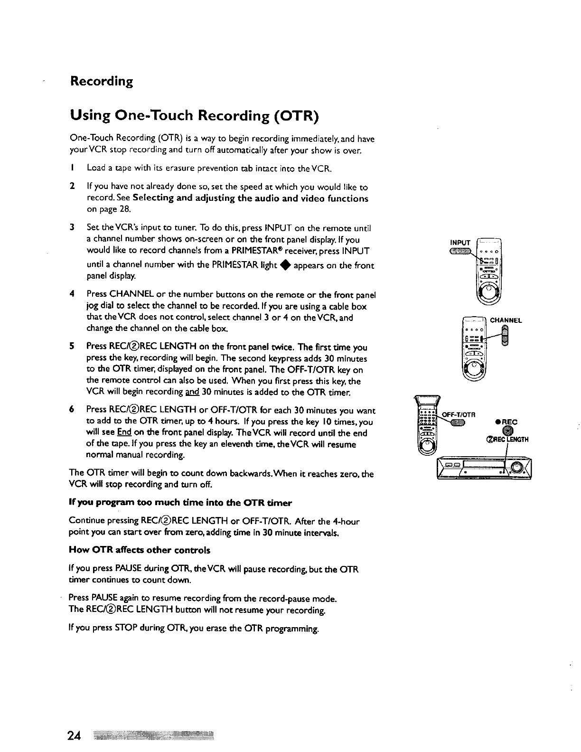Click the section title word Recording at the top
coord(101,82)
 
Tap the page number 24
coord(74,736)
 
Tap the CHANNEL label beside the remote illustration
coord(506,320)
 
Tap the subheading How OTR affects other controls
coord(140,550)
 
